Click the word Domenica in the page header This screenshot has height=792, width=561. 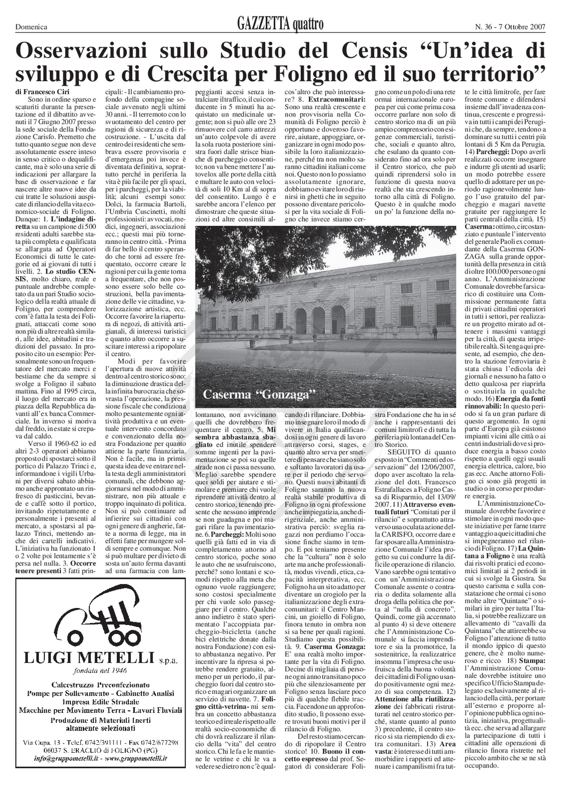point(31,27)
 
